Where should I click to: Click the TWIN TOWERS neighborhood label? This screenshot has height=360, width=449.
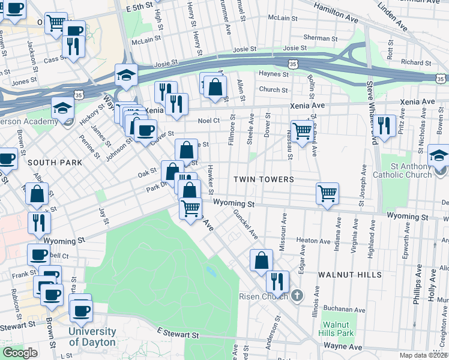coord(264,179)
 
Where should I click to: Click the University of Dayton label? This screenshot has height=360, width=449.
coord(92,337)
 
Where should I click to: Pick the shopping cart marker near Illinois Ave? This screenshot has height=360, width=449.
coord(327,194)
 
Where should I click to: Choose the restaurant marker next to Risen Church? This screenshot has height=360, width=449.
coord(277,281)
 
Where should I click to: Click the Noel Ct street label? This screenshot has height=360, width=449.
coord(209,120)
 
